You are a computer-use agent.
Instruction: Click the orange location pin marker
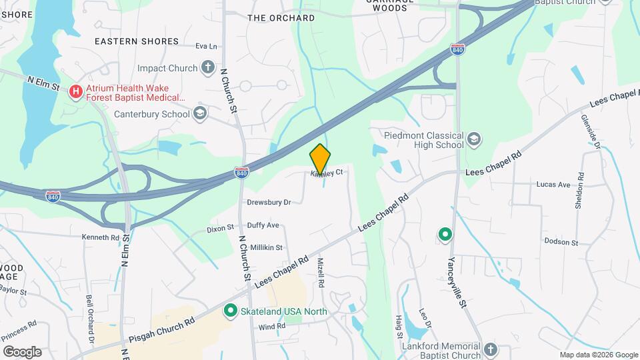(x=320, y=159)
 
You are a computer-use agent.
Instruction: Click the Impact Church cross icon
(x=208, y=67)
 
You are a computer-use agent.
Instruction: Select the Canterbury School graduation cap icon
(x=199, y=114)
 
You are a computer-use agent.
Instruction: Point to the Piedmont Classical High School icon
(x=474, y=139)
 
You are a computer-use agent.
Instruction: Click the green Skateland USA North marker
(x=231, y=310)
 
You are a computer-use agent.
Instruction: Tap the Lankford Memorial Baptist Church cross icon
(x=490, y=349)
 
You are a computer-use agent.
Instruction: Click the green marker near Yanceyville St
(x=445, y=235)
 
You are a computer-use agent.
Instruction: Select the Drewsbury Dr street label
(x=269, y=202)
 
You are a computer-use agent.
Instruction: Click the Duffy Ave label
(x=263, y=225)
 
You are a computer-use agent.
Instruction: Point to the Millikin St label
(x=266, y=247)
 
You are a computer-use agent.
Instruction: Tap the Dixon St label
(x=220, y=228)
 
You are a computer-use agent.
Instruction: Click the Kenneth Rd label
(x=100, y=237)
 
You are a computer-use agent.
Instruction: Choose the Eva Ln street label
(x=207, y=46)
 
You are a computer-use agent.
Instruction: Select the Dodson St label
(x=559, y=241)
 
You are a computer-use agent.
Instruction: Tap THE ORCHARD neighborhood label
(x=281, y=18)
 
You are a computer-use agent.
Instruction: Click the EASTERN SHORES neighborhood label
(x=137, y=41)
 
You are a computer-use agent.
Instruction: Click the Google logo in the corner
(x=22, y=351)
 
